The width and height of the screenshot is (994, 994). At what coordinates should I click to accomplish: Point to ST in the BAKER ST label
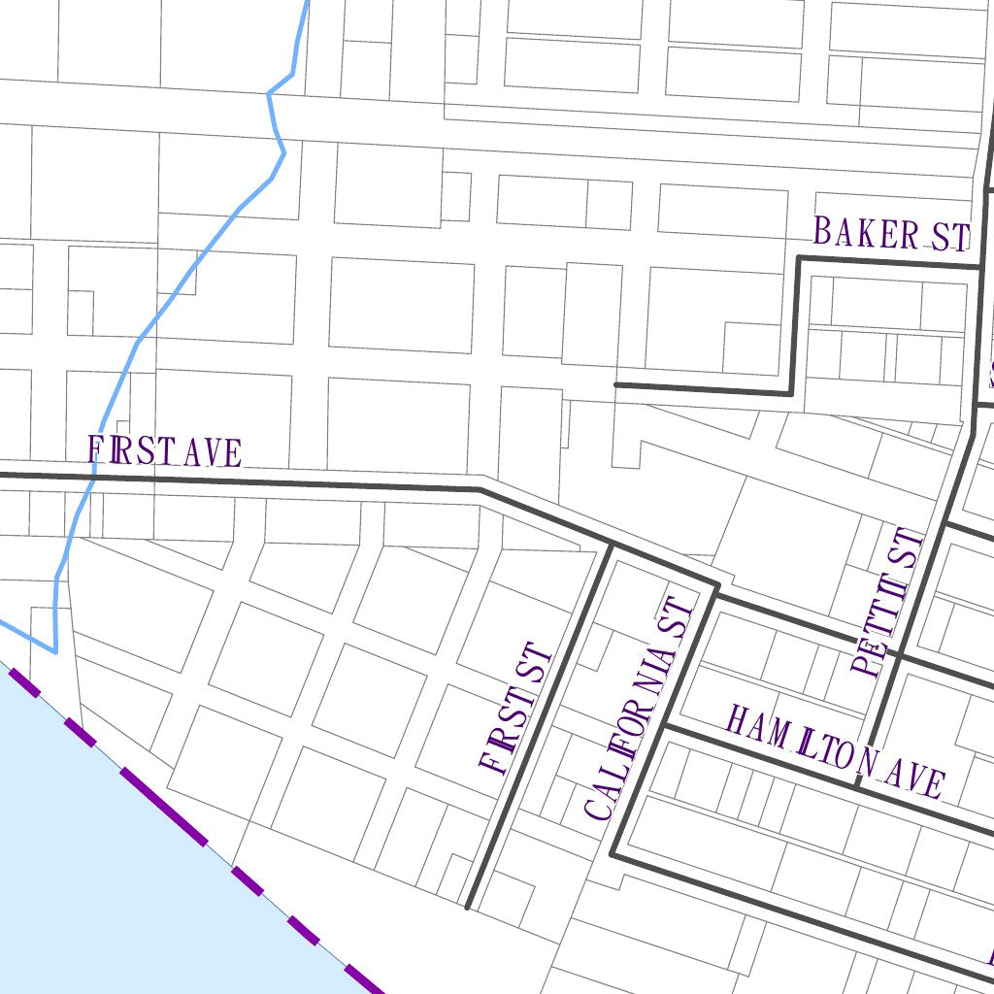(x=948, y=237)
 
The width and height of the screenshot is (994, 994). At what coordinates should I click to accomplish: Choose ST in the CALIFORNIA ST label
(x=680, y=618)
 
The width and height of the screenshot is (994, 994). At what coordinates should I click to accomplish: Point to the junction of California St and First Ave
(x=717, y=586)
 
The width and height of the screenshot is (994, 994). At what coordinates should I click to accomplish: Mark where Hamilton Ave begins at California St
(x=665, y=724)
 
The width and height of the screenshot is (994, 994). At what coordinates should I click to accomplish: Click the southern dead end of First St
(x=468, y=908)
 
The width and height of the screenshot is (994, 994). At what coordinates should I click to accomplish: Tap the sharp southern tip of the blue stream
(x=54, y=651)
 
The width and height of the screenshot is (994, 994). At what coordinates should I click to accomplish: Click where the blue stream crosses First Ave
(x=94, y=475)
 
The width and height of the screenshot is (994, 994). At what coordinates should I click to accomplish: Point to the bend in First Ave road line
(x=480, y=488)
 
